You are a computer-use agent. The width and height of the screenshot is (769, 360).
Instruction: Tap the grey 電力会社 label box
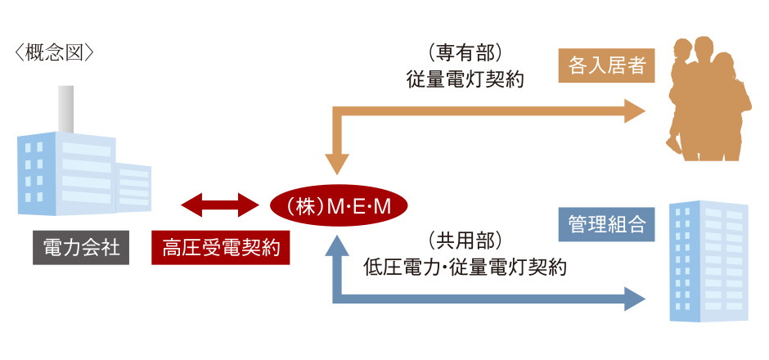pos(79,248)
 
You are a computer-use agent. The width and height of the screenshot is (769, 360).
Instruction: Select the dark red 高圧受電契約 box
pos(221,248)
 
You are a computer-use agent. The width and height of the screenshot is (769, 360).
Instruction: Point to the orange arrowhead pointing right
pos(634,110)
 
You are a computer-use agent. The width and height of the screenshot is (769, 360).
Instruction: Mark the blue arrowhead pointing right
pos(634,298)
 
